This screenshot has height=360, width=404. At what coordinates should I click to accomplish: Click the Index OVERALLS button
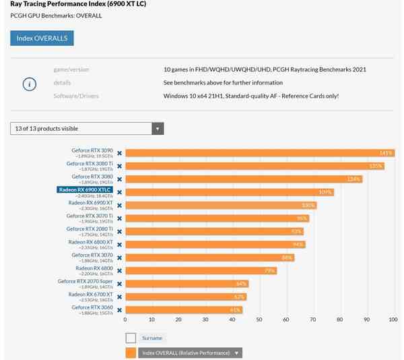click(42, 38)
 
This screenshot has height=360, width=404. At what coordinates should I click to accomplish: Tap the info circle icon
click(29, 84)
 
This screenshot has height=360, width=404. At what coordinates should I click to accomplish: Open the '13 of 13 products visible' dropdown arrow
click(158, 129)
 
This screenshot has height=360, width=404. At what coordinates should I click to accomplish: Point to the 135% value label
click(375, 166)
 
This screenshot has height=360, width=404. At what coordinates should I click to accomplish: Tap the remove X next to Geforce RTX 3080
click(120, 179)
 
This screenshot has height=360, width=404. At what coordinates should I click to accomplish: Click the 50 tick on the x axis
click(259, 320)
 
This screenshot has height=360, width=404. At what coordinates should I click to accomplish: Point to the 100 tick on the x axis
click(393, 320)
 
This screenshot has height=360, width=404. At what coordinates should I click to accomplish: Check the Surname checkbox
click(131, 338)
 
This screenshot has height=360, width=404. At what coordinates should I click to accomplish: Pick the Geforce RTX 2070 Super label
click(85, 282)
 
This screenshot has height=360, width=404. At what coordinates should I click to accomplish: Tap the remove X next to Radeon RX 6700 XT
click(120, 297)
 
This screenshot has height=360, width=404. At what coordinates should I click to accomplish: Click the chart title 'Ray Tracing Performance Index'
click(78, 4)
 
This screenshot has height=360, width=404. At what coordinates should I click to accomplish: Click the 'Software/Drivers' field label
click(76, 96)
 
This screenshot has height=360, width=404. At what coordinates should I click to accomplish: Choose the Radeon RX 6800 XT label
click(90, 242)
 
